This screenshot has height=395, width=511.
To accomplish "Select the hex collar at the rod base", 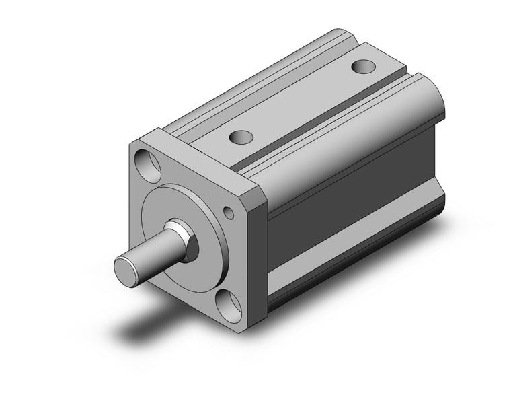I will click(186, 240).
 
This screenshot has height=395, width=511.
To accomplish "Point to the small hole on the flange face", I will click(230, 214).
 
